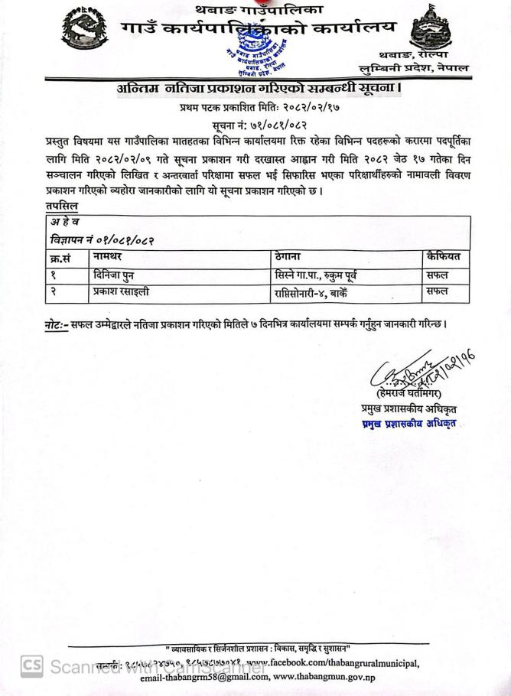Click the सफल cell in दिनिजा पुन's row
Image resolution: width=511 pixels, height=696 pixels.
click(438, 274)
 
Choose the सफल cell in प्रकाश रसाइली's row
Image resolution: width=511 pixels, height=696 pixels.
click(438, 291)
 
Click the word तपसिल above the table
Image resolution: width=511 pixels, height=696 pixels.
click(60, 207)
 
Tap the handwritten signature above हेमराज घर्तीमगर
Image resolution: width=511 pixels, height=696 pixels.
click(413, 372)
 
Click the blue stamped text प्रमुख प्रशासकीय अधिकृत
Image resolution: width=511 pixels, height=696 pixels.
click(412, 424)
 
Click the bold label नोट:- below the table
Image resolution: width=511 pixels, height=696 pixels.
click(57, 324)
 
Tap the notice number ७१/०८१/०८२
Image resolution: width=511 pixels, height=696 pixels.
click(274, 124)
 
